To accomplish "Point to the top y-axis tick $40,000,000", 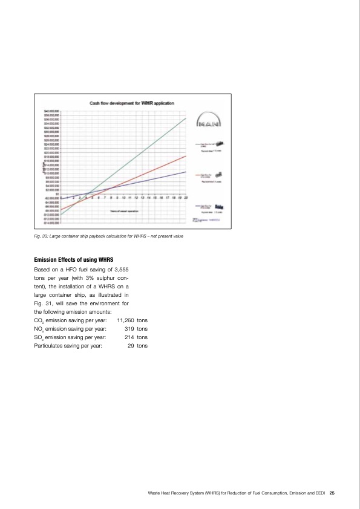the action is tap(51, 111).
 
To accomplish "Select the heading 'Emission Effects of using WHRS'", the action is tap(74, 259).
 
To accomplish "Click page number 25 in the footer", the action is tap(332, 493).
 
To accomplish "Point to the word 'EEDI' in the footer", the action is tap(319, 493).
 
